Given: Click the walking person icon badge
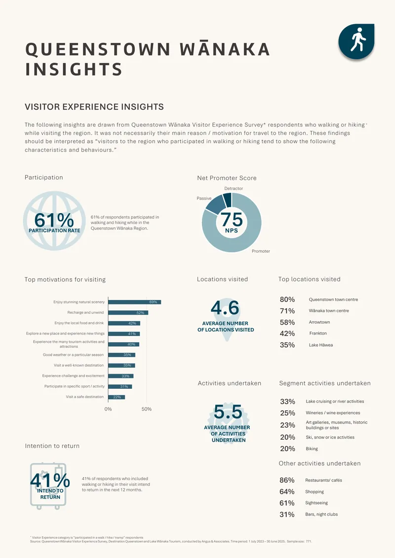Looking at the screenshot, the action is coord(356,41).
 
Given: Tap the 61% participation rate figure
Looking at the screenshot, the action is coord(54,220).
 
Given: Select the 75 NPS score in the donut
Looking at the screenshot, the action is coord(232,219).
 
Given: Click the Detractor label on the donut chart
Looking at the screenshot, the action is coord(234,188).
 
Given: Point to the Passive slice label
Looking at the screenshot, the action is coord(204,198).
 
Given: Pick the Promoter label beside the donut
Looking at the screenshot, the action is coord(261,251).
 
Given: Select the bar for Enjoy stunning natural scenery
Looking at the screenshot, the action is coord(135,302).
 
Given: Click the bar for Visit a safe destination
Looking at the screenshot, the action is coord(117,397).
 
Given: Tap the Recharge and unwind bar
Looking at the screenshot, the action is coord(128,313).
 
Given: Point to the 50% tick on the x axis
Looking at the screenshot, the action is coord(146,409).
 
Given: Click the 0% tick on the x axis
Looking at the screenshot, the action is coord(108,409).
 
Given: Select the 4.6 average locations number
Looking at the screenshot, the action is coord(225,308).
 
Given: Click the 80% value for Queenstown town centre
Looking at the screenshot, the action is coord(287,299).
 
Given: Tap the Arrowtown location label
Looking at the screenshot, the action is coord(319,322).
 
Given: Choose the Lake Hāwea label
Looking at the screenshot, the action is coord(321,345).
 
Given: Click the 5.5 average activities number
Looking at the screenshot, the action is coord(228,412).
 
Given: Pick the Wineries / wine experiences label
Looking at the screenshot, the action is coord(333,413).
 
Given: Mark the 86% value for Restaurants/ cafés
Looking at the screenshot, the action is coord(287,481).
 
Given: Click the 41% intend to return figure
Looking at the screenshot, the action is coord(50,481).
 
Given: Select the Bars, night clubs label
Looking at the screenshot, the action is coord(321,514).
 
